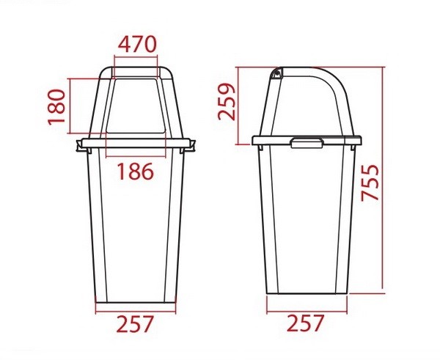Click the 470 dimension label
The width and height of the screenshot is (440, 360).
point(136,43)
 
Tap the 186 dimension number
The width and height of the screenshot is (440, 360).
point(136,172)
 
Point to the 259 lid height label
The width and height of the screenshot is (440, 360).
point(227,103)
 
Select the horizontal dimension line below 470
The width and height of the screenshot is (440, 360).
point(136,57)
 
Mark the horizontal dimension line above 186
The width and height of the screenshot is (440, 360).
point(136,156)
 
